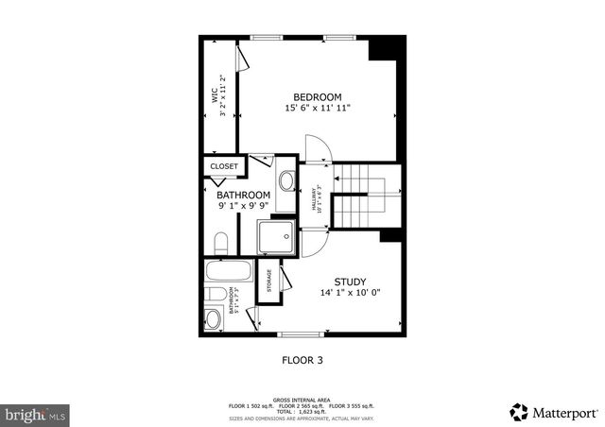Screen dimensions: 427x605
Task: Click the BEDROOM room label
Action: pyautogui.click(x=317, y=96)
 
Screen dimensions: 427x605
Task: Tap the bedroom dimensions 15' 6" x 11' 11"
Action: pyautogui.click(x=318, y=109)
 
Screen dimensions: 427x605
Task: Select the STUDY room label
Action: pyautogui.click(x=350, y=282)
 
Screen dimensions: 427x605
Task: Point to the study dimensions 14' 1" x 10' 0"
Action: pyautogui.click(x=350, y=293)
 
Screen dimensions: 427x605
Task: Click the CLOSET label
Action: pyautogui.click(x=224, y=166)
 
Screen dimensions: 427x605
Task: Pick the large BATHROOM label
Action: pyautogui.click(x=244, y=196)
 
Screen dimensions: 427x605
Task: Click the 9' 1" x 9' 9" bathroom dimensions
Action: pyautogui.click(x=244, y=206)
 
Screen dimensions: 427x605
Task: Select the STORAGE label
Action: pyautogui.click(x=269, y=281)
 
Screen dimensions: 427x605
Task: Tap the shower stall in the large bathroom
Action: pyautogui.click(x=276, y=237)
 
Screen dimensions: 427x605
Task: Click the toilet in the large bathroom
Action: pyautogui.click(x=221, y=243)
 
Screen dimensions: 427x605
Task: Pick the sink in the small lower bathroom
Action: pyautogui.click(x=214, y=319)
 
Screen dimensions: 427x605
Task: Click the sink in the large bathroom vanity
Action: pyautogui.click(x=285, y=180)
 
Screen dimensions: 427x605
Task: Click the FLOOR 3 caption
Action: pyautogui.click(x=302, y=359)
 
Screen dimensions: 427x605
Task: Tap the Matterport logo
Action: pyautogui.click(x=553, y=412)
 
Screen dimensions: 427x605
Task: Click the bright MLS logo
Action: pyautogui.click(x=36, y=414)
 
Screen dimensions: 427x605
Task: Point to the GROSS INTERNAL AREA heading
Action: pyautogui.click(x=302, y=401)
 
